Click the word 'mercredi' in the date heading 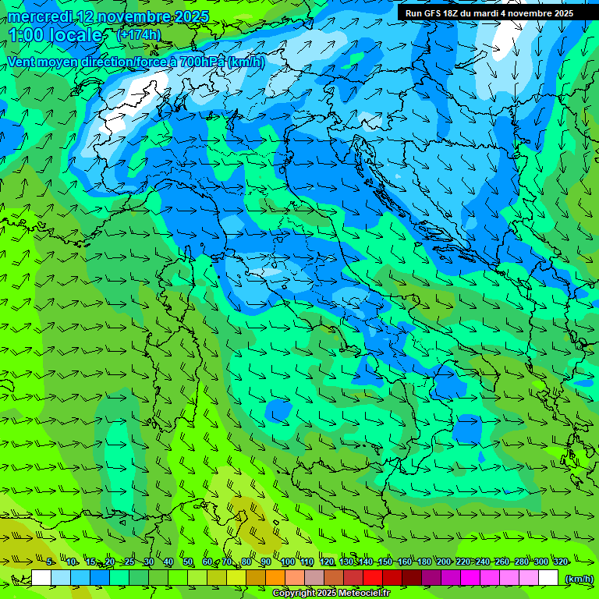pos(38,16)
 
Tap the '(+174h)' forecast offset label pos(138,34)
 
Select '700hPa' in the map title pos(199,62)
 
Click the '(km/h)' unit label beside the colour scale pos(578,578)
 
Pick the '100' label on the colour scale pos(288,562)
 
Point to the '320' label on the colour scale pos(561,562)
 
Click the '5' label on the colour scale pos(49,562)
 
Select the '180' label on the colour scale pos(424,562)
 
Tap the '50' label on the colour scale pos(188,562)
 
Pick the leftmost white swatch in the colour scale pos(41,578)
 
